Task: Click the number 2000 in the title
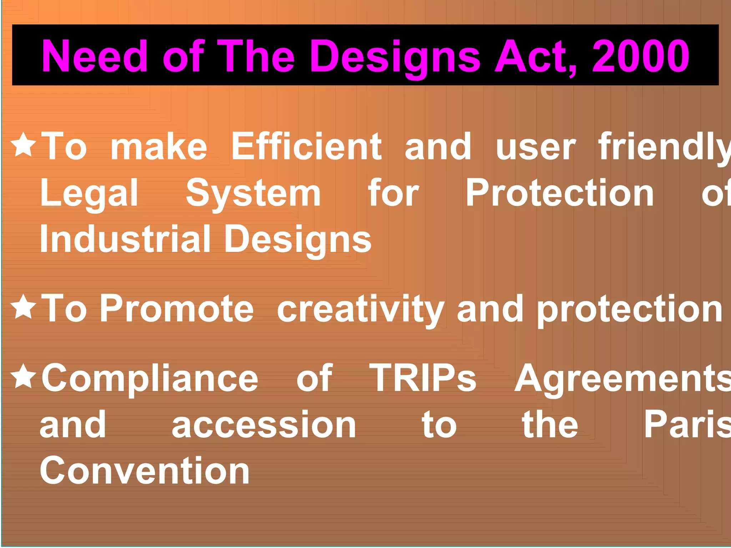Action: [640, 56]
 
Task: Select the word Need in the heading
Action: [95, 56]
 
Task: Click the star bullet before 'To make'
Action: [24, 144]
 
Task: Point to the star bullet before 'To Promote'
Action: [24, 306]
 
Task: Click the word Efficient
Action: [306, 146]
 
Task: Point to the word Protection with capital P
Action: [560, 193]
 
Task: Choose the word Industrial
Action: [125, 239]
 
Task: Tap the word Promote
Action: [177, 309]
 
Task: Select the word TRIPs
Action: [423, 378]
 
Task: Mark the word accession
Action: [264, 425]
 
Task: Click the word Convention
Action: [145, 471]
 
